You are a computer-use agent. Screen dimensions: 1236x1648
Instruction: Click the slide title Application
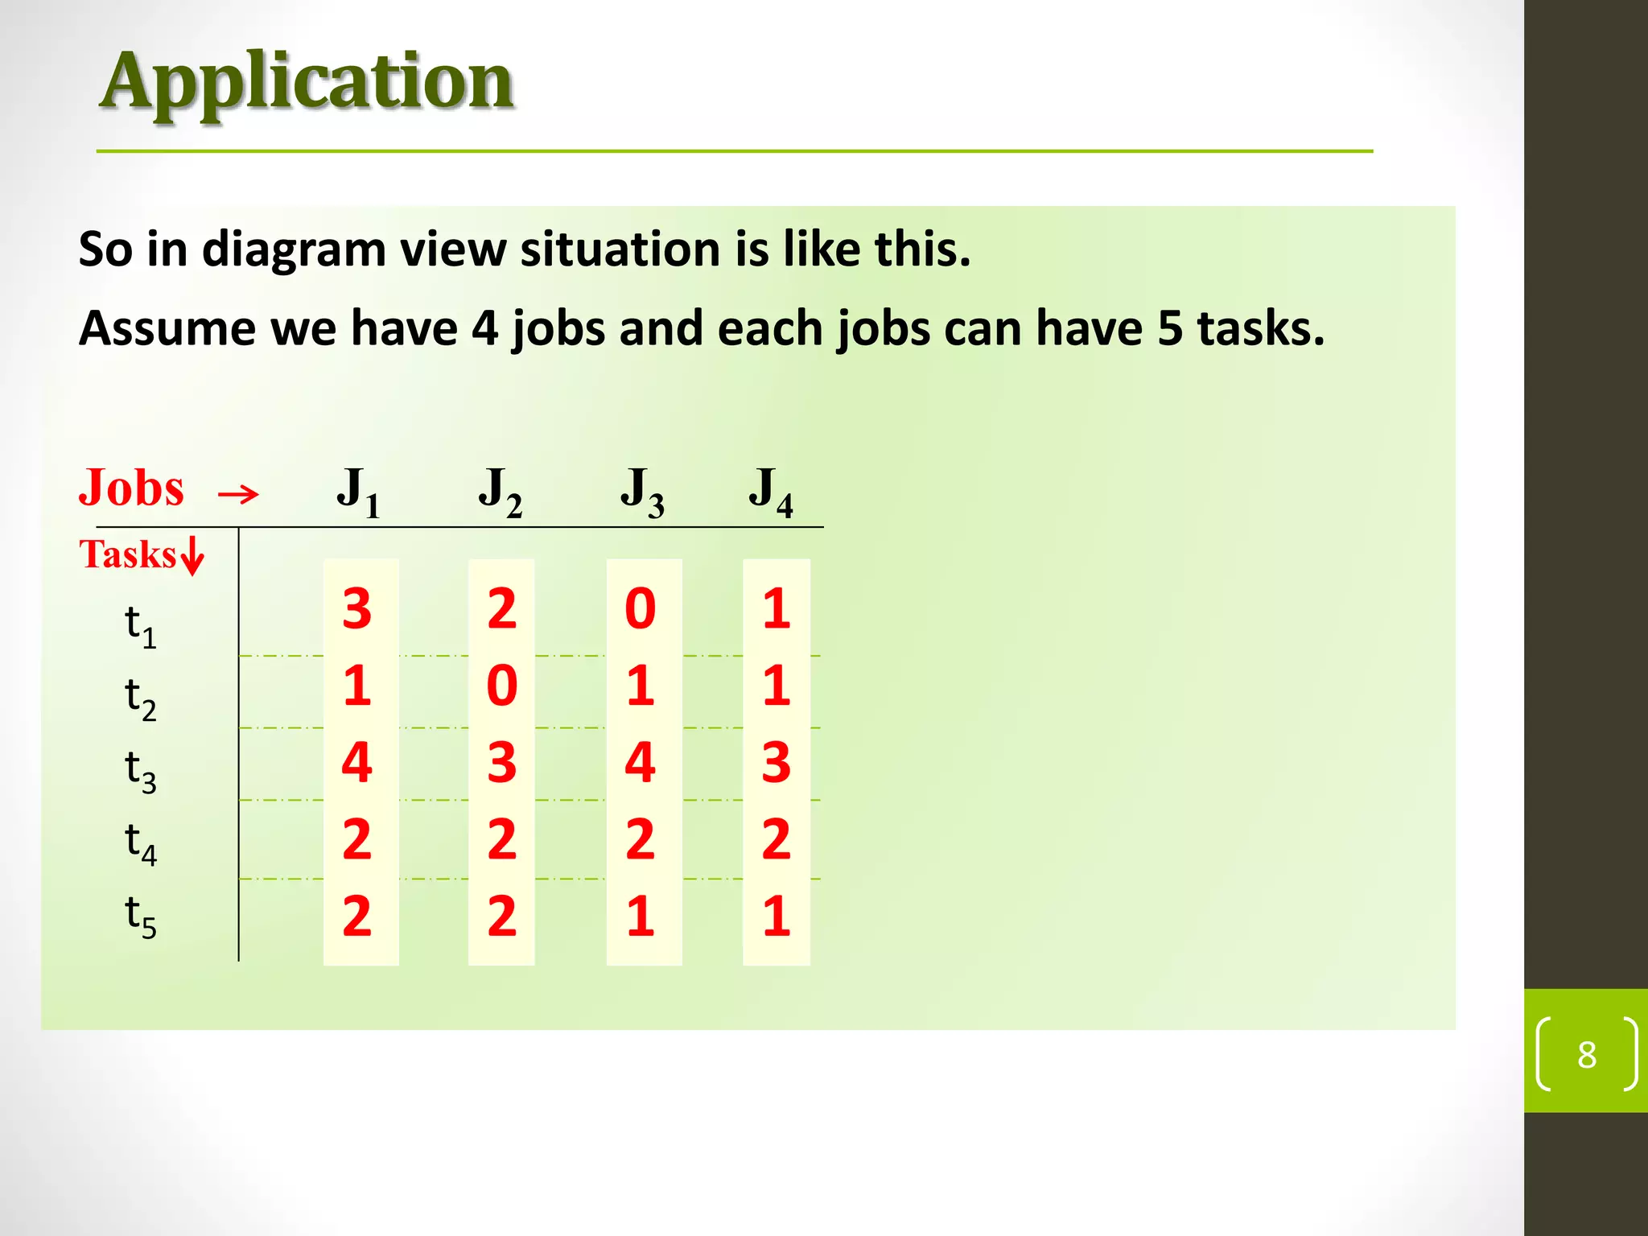coord(307,82)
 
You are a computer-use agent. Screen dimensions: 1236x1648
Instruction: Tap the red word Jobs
coord(131,488)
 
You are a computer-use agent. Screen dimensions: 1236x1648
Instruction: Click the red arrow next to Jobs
coord(238,493)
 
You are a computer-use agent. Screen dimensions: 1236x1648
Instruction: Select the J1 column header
coord(357,491)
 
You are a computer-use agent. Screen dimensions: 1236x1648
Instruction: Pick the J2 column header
coord(500,491)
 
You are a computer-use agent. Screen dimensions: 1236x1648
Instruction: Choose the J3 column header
coord(641,491)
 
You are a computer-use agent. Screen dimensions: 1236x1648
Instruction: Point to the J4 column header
coord(770,491)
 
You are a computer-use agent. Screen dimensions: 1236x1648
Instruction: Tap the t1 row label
coord(140,625)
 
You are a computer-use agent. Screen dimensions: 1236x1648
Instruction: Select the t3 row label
coord(140,770)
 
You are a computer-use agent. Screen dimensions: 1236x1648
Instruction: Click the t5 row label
coord(140,916)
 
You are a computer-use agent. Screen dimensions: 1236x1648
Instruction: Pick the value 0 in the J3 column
coord(641,608)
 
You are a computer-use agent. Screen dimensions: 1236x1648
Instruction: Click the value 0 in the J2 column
coord(502,686)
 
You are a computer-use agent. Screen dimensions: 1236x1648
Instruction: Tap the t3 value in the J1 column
coord(357,762)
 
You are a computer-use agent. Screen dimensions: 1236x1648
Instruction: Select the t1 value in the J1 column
coord(357,608)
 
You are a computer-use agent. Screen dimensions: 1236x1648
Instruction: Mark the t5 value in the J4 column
coord(777,916)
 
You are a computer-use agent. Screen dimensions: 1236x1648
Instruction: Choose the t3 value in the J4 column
coord(777,762)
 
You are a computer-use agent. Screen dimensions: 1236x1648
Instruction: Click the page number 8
coord(1586,1054)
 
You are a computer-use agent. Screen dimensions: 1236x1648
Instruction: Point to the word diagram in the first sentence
coord(294,249)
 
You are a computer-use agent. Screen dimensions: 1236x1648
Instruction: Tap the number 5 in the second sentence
coord(1170,328)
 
